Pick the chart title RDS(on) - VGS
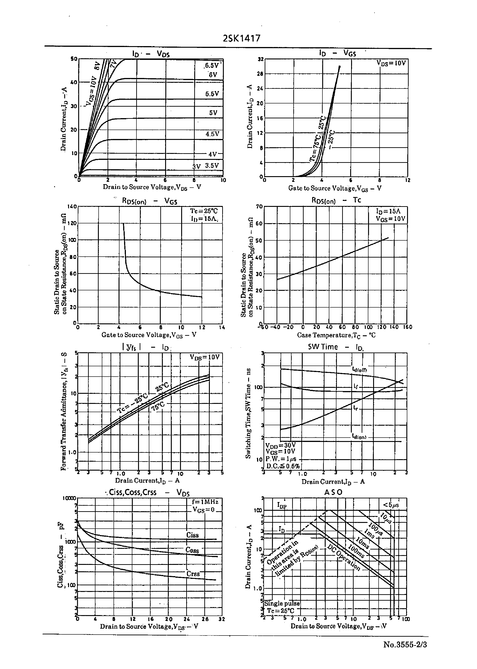point(150,201)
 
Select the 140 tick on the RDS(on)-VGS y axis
point(72,206)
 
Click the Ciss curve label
point(192,535)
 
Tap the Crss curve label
point(193,574)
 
